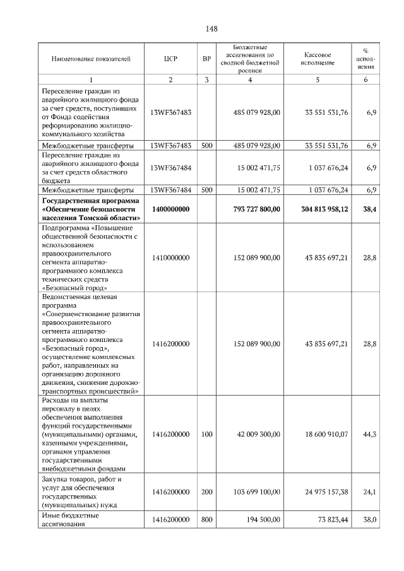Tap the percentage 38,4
point(370,208)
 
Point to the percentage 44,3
point(371,434)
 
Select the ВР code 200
point(206,492)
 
